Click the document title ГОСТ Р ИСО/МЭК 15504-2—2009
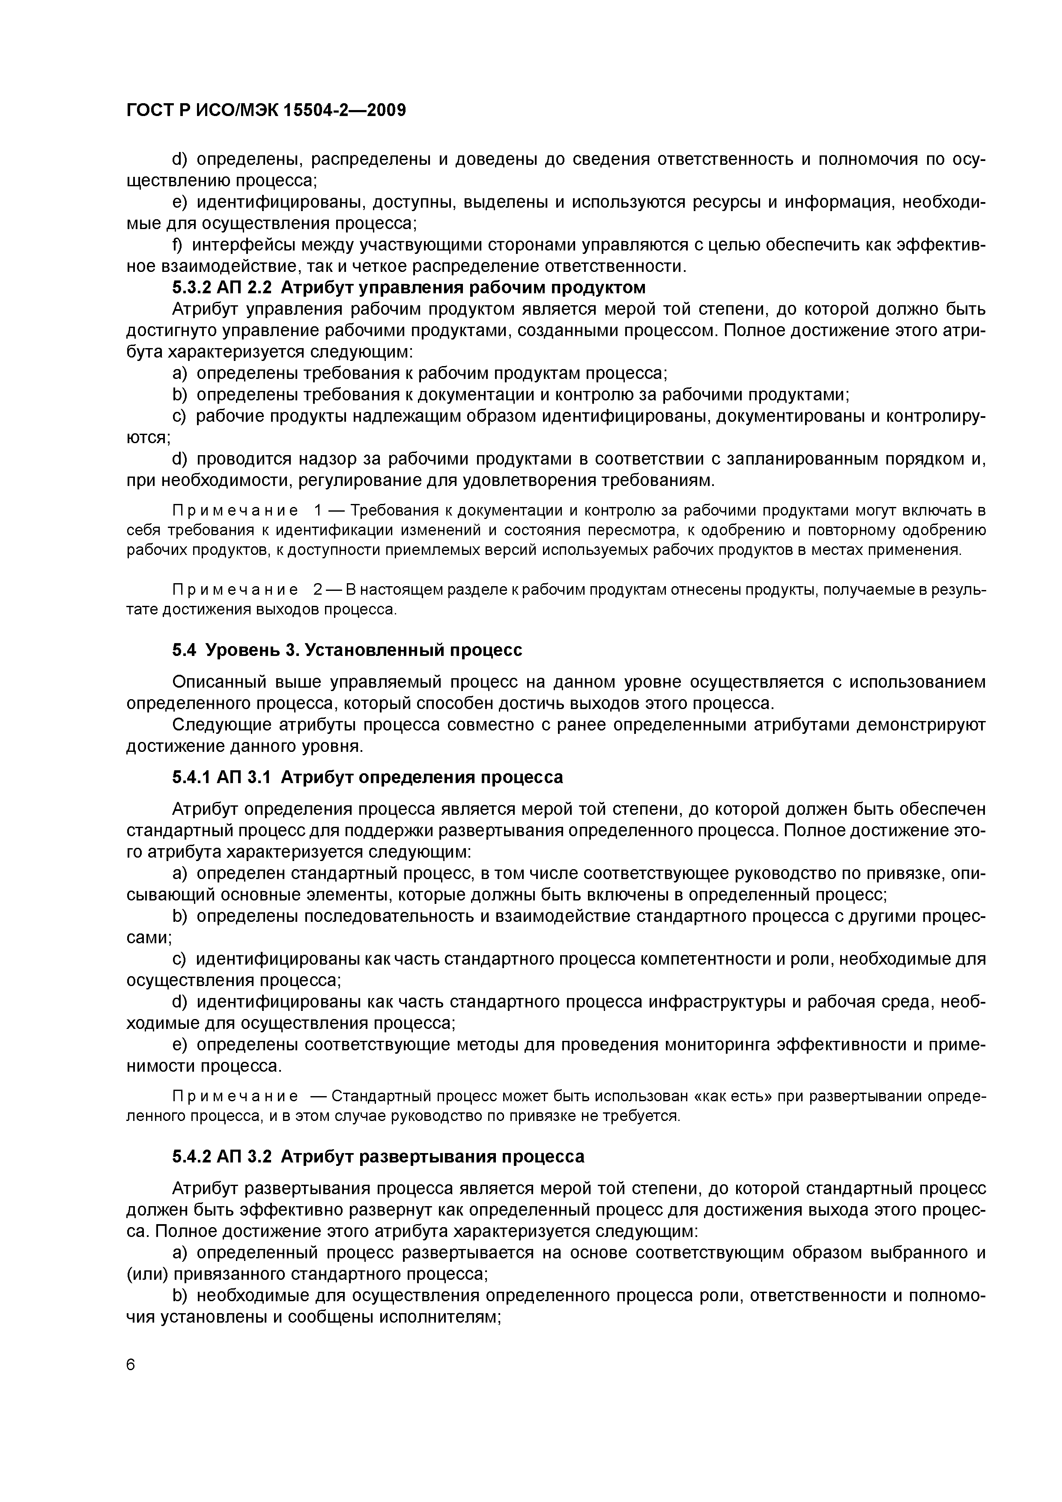[265, 110]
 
